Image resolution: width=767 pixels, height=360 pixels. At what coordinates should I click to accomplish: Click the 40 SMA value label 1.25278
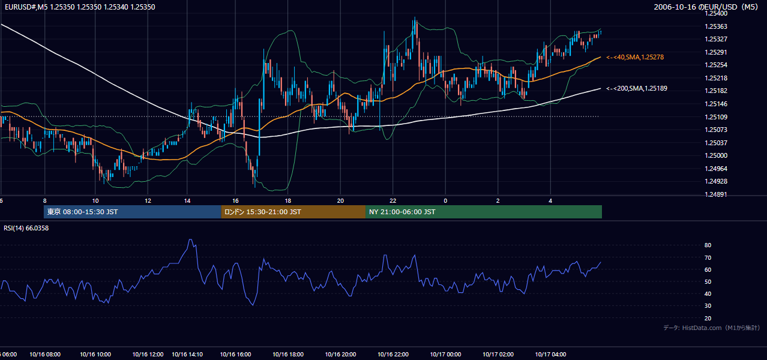pos(635,57)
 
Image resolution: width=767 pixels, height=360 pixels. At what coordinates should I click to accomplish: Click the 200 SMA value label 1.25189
pos(637,88)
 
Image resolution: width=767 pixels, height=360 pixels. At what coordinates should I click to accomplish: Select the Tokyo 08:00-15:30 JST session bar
pos(133,212)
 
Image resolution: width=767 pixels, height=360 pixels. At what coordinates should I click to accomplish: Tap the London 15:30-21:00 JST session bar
pos(293,212)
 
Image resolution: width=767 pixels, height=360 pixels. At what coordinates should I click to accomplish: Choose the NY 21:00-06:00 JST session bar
pos(484,212)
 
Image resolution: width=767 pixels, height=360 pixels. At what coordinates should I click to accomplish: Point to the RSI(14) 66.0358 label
pos(26,228)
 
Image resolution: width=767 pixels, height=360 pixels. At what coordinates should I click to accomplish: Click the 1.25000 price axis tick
pos(716,155)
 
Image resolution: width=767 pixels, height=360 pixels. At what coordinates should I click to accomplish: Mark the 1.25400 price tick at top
pos(716,14)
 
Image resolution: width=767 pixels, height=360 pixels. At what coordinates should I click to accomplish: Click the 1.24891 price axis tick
pos(716,194)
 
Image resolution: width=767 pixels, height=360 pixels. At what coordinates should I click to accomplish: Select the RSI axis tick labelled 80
pos(708,245)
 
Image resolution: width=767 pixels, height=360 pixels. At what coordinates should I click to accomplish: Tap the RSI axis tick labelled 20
pos(708,318)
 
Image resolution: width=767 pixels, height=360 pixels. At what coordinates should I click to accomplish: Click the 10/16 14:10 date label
pos(187,354)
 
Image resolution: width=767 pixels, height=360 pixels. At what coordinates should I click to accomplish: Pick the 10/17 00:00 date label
pos(445,354)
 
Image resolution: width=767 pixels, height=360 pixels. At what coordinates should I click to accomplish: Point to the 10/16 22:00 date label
pos(393,354)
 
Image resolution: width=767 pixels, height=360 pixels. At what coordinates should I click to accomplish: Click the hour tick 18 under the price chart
pos(288,201)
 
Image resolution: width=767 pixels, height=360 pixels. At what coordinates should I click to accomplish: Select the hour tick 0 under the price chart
pos(445,201)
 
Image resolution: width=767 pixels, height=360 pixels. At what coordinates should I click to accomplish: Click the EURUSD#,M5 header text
pos(26,7)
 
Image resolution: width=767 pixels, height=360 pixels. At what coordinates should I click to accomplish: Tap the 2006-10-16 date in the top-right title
pos(674,7)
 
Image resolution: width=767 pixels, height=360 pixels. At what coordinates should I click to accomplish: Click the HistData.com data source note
pos(712,328)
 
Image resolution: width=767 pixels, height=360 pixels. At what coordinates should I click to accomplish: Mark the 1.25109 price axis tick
pos(716,117)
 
